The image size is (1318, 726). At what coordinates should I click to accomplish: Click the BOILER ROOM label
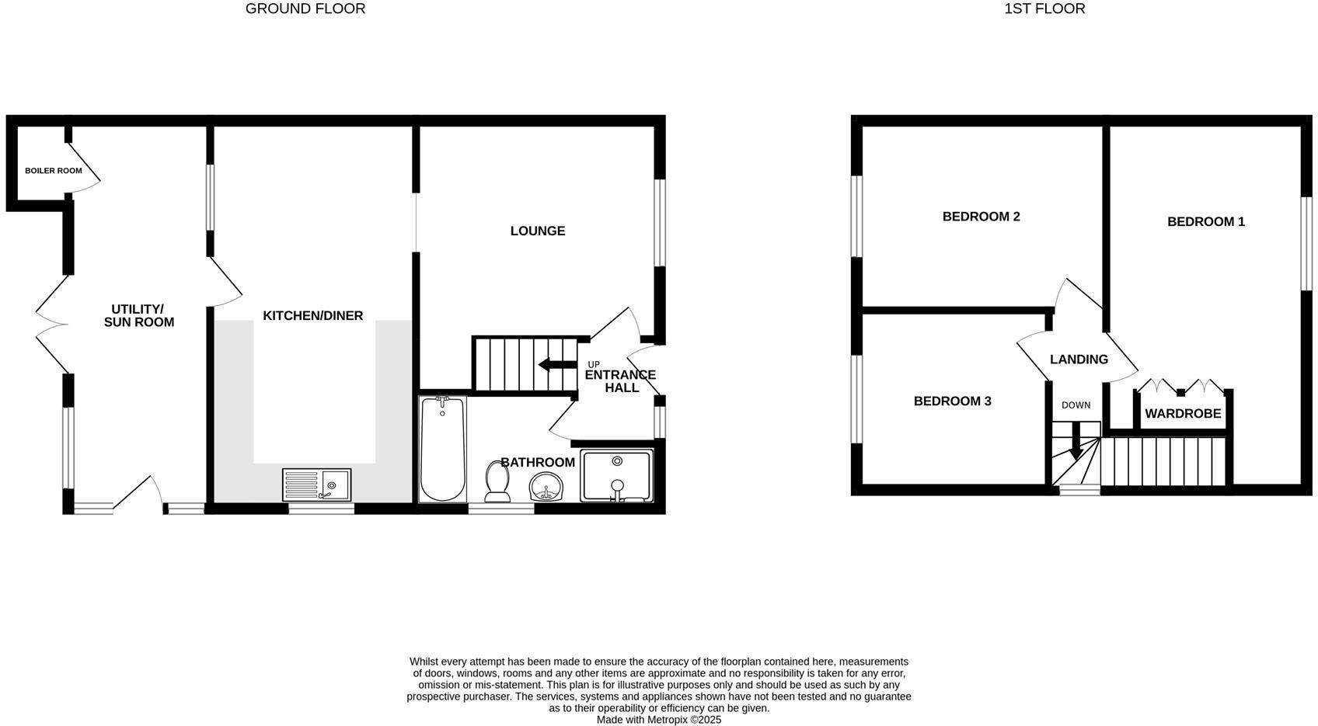[54, 171]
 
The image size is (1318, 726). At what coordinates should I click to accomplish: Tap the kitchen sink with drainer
[316, 485]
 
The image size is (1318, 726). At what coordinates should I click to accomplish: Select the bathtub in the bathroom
[442, 449]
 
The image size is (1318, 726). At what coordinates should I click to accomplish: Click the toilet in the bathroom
[498, 481]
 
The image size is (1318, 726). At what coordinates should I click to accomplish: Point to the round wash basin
[546, 487]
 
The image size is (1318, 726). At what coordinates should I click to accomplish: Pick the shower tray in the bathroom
[616, 475]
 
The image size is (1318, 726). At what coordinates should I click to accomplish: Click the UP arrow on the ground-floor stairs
[557, 364]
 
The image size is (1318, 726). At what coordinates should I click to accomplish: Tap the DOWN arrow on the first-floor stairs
[1076, 442]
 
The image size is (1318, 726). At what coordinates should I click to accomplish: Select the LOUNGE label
[538, 231]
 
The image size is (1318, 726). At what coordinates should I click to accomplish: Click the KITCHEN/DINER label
[313, 316]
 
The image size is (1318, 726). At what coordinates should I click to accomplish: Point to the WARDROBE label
[1184, 414]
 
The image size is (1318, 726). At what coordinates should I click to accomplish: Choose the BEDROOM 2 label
[982, 217]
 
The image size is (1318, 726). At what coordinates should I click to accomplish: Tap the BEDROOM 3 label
[953, 401]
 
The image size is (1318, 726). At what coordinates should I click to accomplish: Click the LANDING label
[1079, 360]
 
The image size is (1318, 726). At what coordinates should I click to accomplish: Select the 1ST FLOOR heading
[1045, 9]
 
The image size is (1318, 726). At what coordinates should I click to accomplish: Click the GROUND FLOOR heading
[305, 9]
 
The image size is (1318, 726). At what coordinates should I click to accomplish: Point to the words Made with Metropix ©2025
[659, 720]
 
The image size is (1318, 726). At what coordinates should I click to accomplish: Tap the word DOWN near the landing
[1076, 405]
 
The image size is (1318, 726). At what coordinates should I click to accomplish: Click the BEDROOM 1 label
[1206, 221]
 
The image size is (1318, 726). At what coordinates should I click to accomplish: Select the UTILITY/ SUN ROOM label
[139, 316]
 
